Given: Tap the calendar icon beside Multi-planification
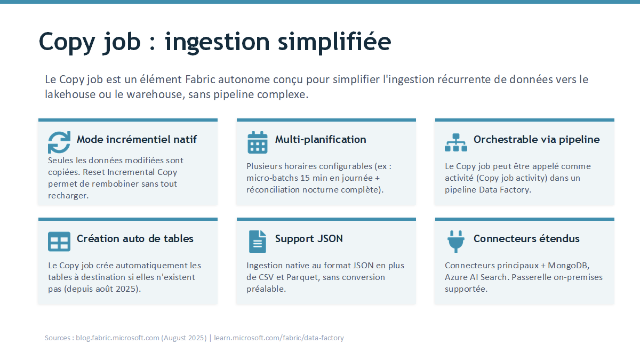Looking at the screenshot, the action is point(258,142).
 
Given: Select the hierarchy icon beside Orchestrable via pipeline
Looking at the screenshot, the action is point(455,142).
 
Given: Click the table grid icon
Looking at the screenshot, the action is point(59,242).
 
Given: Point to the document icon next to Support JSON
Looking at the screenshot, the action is point(258,242).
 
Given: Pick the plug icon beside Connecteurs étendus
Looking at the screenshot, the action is point(455,242).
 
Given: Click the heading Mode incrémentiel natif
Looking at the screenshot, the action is point(137,139).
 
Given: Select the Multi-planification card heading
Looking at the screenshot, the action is point(321,139).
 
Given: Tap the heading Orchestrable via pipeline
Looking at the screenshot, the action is point(537,139).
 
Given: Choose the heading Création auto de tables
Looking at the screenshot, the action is point(135,238).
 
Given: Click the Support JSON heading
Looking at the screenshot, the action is point(309,238).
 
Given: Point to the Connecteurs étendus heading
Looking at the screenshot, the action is point(526,238).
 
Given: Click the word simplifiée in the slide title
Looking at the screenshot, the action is point(334,42).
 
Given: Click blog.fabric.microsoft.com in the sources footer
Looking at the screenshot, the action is point(117,338).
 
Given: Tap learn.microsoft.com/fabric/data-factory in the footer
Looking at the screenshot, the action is point(279,338).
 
